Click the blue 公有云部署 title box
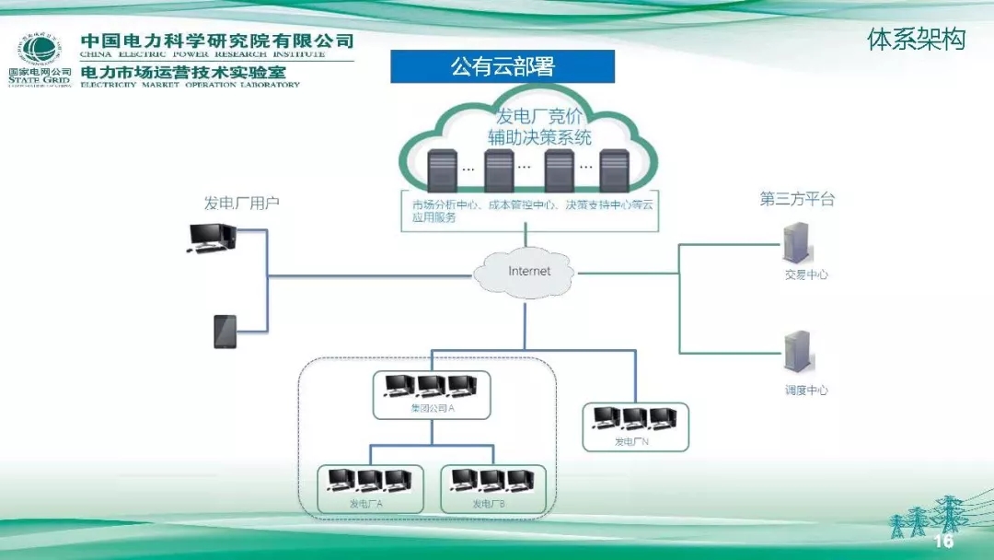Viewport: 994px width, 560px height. (x=503, y=66)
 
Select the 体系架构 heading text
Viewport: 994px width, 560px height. (x=916, y=40)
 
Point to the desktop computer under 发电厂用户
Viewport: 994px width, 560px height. (x=211, y=238)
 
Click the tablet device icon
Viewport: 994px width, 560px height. (x=225, y=332)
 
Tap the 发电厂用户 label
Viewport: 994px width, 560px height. (x=241, y=203)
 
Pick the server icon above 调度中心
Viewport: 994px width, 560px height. (x=794, y=355)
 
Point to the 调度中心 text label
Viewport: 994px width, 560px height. (x=805, y=390)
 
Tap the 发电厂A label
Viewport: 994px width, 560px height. (x=365, y=504)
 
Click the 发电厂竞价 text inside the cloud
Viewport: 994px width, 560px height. (x=539, y=117)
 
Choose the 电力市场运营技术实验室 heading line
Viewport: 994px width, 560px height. (x=183, y=71)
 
